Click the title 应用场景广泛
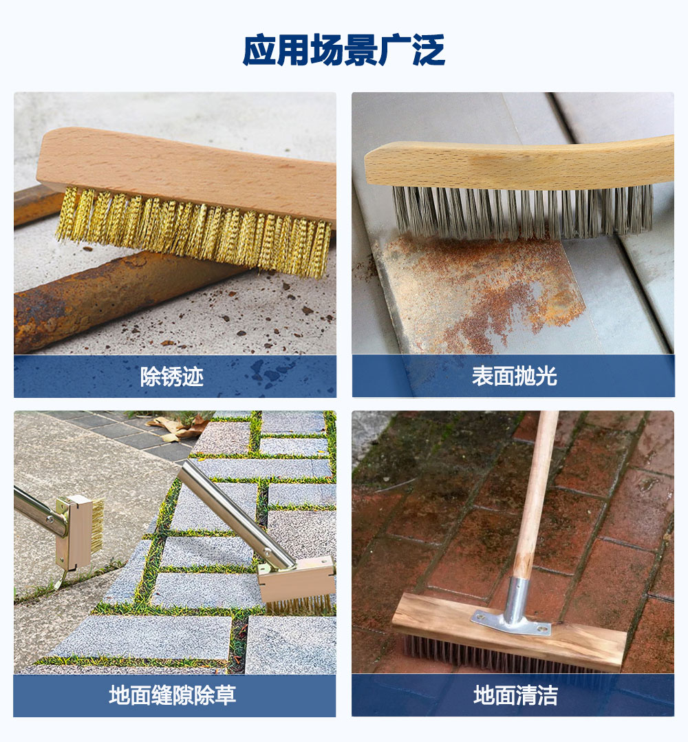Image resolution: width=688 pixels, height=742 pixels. (x=344, y=50)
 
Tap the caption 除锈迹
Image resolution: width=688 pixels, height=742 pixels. (x=171, y=377)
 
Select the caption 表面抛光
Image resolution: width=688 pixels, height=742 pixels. (x=514, y=377)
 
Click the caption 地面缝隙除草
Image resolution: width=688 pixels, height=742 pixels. (x=172, y=695)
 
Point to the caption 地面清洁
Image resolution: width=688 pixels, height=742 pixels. (x=515, y=695)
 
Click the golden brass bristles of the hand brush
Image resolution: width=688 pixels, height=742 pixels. (x=194, y=232)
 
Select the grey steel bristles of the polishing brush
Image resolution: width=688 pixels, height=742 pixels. (x=522, y=211)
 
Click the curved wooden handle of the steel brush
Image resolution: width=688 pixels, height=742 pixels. (x=519, y=163)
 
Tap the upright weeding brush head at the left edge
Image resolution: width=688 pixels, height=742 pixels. (x=78, y=532)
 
